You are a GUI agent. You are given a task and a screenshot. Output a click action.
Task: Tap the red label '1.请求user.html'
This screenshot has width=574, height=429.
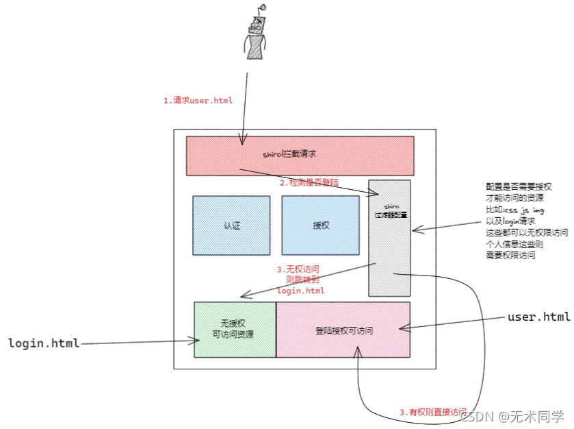(x=198, y=101)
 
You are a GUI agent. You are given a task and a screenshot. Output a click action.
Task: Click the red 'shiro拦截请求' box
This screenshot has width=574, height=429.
(x=300, y=156)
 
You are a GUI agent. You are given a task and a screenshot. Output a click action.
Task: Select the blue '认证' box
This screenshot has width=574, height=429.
(x=231, y=225)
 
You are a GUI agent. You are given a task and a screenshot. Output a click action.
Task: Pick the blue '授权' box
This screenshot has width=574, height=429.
(x=320, y=225)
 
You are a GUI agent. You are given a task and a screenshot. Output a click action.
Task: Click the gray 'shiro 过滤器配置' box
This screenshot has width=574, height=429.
(x=389, y=238)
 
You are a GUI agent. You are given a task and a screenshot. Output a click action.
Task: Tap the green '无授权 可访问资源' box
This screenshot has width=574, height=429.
(x=235, y=330)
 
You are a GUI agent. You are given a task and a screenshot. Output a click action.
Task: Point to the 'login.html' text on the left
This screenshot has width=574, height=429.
(x=44, y=342)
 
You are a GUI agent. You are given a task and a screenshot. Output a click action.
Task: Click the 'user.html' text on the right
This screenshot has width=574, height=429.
(x=538, y=317)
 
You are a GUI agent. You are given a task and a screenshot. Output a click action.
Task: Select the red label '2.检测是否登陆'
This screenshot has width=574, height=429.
(x=309, y=183)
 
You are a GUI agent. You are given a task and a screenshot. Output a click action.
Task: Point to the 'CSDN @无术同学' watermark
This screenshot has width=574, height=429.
(x=513, y=416)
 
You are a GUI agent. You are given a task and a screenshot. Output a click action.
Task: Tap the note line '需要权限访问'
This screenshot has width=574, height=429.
(x=510, y=256)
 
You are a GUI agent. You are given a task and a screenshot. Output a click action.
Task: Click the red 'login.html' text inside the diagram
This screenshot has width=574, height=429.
(x=301, y=291)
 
